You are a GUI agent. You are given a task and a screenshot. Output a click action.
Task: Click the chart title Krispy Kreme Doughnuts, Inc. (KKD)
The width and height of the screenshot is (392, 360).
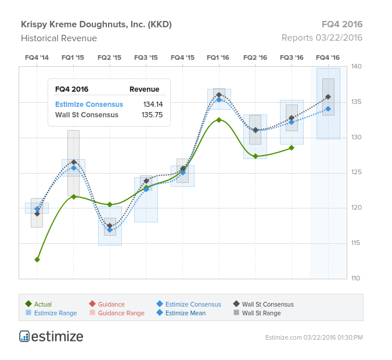point(96,24)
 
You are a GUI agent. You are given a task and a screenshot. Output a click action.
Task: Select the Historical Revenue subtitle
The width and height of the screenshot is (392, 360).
point(59,38)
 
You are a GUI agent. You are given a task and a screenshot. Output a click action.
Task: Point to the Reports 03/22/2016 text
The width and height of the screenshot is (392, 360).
point(322,38)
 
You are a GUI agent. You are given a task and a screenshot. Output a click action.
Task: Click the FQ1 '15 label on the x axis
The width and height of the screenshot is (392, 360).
point(73,57)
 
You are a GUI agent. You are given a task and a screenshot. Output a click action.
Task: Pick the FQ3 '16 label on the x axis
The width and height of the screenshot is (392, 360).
point(292,57)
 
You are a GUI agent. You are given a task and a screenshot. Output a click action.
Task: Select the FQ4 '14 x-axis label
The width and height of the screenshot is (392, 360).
point(37,57)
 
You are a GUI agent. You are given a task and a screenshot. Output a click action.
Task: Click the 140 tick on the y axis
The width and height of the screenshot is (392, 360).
point(356,67)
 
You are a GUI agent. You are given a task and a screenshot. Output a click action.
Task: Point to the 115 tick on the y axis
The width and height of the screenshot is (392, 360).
point(356,243)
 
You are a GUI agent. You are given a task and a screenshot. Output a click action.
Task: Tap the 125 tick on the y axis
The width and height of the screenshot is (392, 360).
point(356,172)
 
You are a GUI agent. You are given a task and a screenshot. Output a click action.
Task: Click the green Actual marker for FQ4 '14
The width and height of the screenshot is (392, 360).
point(37,260)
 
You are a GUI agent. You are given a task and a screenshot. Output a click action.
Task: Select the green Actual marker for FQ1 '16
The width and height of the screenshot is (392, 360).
point(219,120)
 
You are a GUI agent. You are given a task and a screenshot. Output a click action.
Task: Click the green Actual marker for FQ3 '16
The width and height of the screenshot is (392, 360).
point(292,147)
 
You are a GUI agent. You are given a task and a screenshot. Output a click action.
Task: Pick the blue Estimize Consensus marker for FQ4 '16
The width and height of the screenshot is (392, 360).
point(328,109)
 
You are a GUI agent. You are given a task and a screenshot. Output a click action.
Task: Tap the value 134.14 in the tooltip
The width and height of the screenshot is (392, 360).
point(153,105)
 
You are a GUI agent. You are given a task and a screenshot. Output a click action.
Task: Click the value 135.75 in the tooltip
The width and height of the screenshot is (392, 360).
point(153,115)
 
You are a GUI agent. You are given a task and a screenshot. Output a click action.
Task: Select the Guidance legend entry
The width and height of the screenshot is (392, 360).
point(111,304)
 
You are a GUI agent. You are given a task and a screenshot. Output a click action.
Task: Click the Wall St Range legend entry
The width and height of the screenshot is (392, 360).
point(261,313)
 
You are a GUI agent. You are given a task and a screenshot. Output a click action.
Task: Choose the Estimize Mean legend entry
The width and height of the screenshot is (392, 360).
point(185,313)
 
